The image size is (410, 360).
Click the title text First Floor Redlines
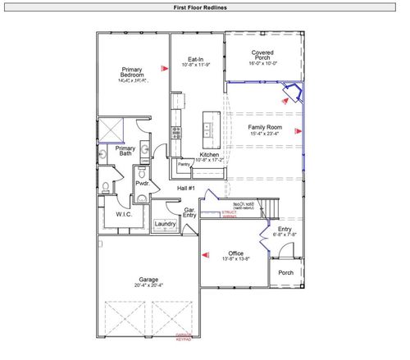[200, 7]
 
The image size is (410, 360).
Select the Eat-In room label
[195, 59]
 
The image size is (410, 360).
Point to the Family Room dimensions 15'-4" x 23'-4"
[262, 133]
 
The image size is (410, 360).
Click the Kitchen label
[210, 155]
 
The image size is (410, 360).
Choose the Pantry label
[184, 164]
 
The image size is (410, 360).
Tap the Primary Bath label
[125, 151]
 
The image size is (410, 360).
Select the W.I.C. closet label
[124, 214]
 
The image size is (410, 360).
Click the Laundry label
[165, 223]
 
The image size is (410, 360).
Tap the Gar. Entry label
[188, 212]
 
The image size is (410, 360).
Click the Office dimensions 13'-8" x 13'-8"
[237, 258]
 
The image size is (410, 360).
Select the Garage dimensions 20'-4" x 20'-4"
[148, 285]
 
